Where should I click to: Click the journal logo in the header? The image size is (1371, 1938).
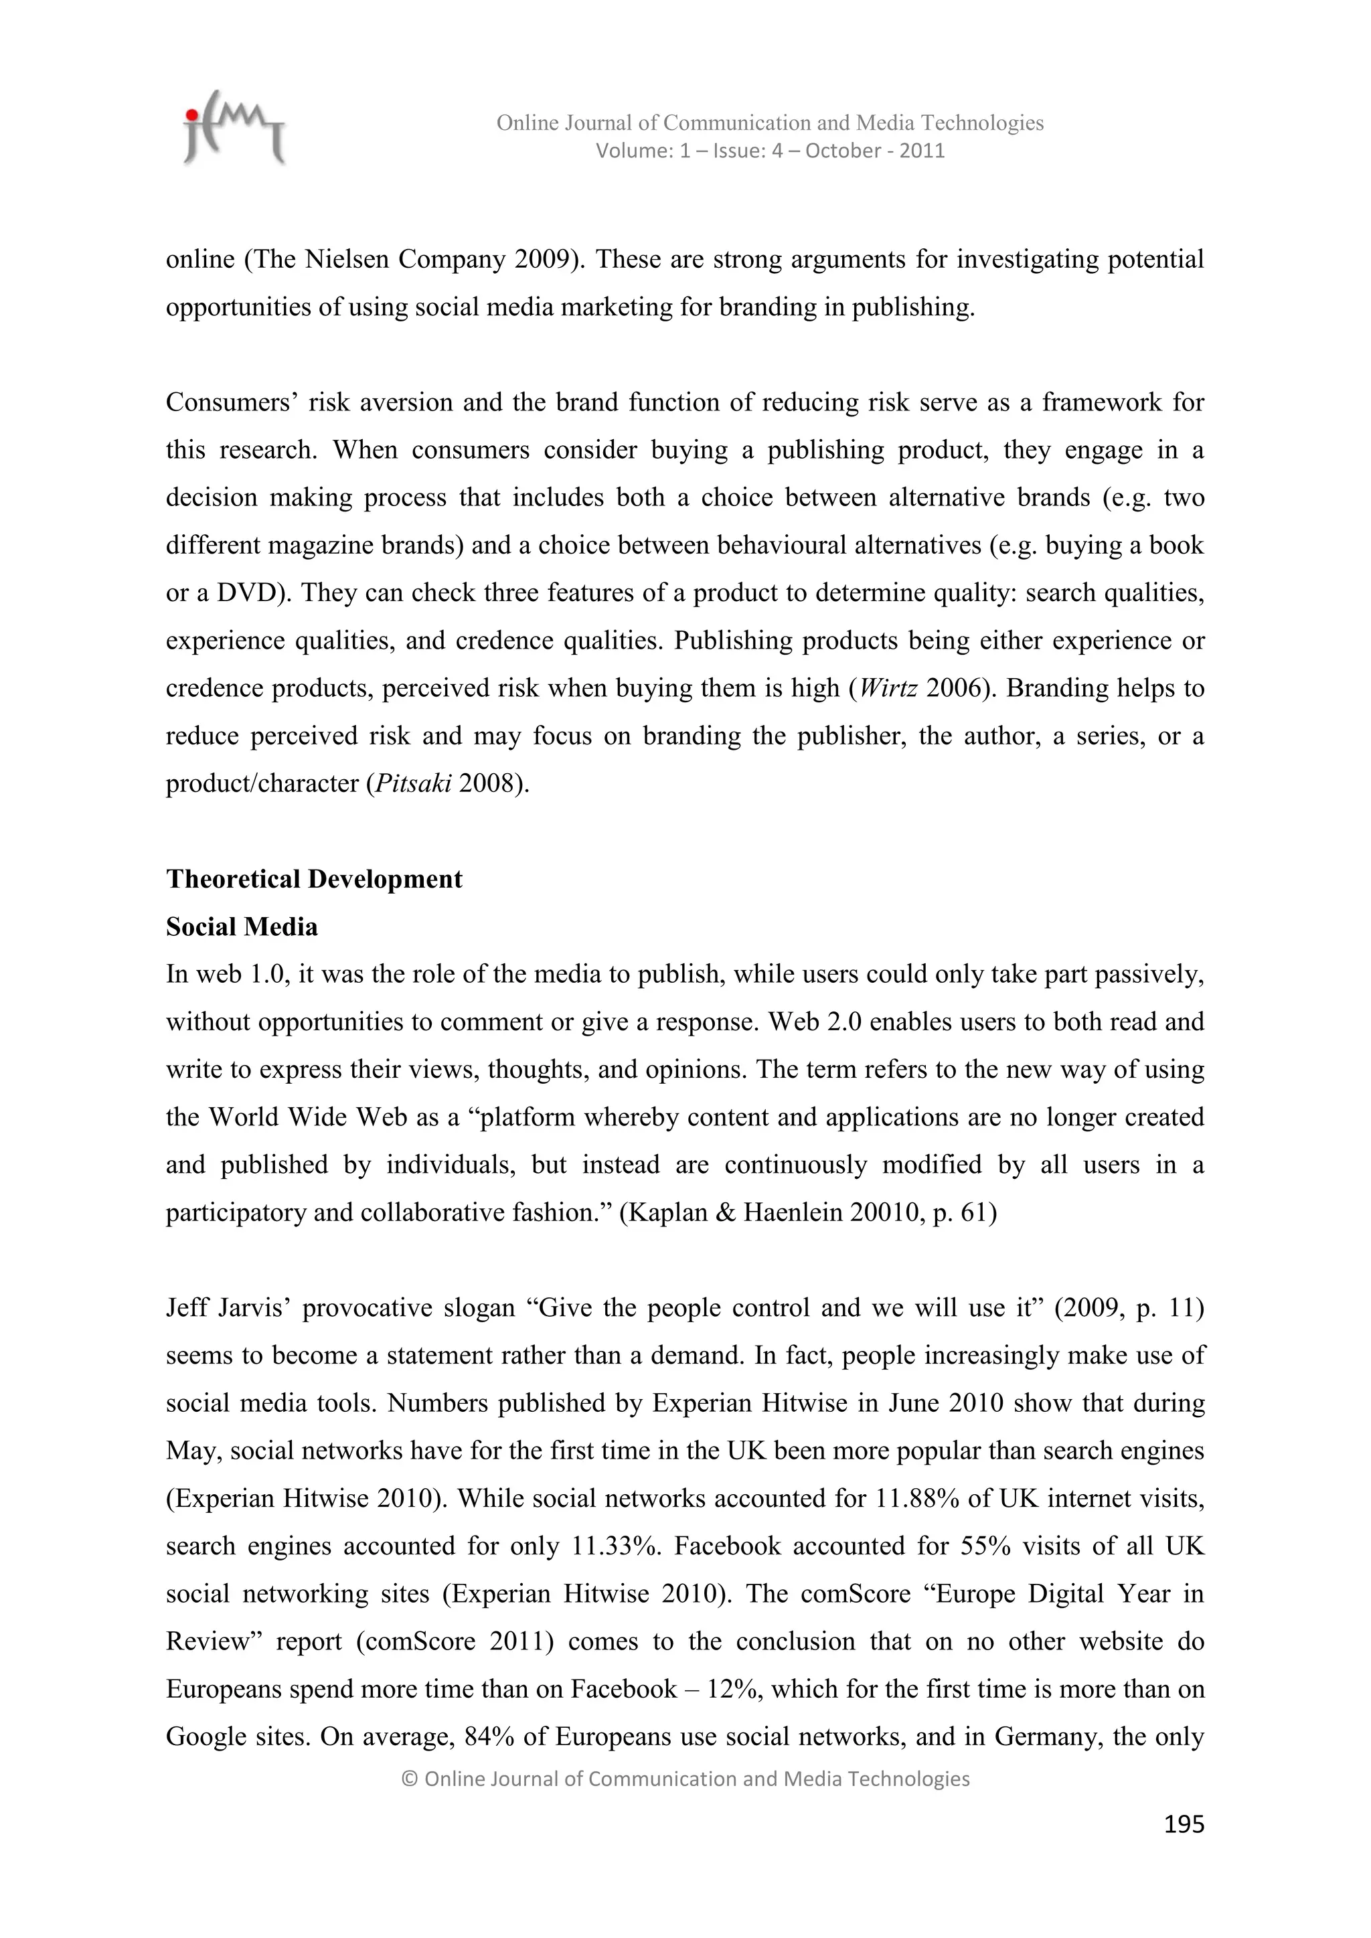click(x=234, y=129)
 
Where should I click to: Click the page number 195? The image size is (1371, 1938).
click(x=1184, y=1824)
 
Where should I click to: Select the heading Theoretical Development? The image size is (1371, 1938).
click(x=314, y=879)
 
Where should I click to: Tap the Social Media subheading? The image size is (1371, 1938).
click(x=242, y=926)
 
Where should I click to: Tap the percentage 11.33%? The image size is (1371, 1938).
click(x=615, y=1546)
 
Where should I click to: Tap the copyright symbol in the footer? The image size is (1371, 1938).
click(x=410, y=1779)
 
